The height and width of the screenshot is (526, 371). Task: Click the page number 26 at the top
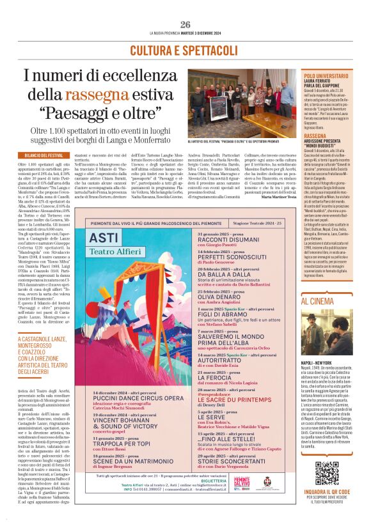pos(185,24)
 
